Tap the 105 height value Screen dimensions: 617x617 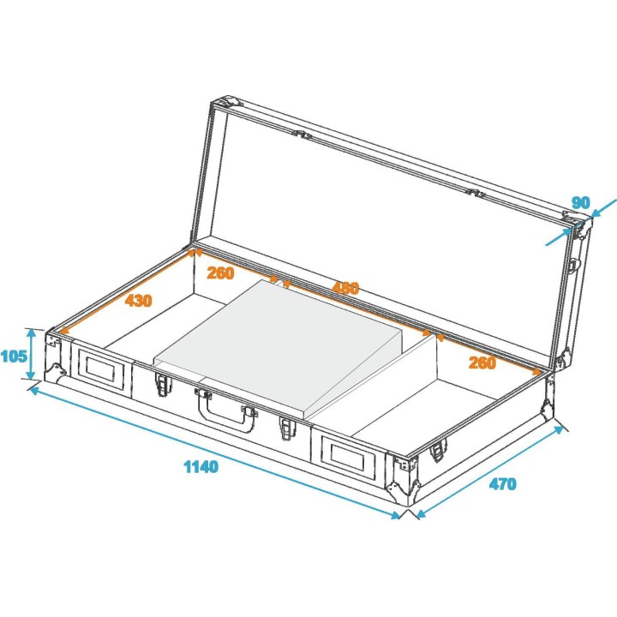pyautogui.click(x=14, y=356)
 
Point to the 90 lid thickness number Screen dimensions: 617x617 pyautogui.click(x=580, y=203)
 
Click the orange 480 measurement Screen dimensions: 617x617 pyautogui.click(x=345, y=289)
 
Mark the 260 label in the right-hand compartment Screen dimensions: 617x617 pyautogui.click(x=482, y=362)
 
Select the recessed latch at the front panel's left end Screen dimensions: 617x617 pyautogui.click(x=102, y=367)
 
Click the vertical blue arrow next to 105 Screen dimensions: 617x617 pyautogui.click(x=32, y=354)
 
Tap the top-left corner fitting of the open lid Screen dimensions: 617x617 pyautogui.click(x=220, y=105)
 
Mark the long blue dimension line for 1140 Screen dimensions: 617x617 pyautogui.click(x=214, y=451)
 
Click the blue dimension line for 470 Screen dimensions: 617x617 pyautogui.click(x=488, y=469)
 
